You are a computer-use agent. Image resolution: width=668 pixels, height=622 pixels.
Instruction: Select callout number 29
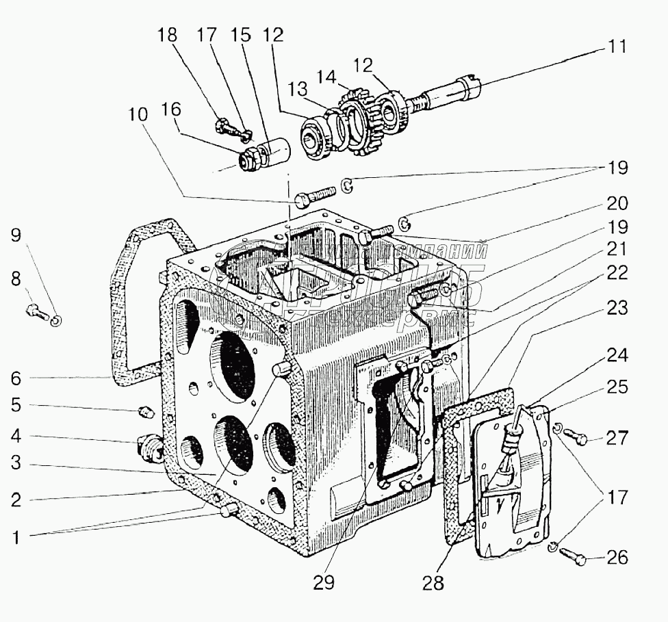point(325,583)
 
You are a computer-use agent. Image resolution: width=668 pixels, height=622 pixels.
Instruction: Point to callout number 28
point(433,583)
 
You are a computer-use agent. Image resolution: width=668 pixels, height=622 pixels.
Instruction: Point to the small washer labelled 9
point(56,320)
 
